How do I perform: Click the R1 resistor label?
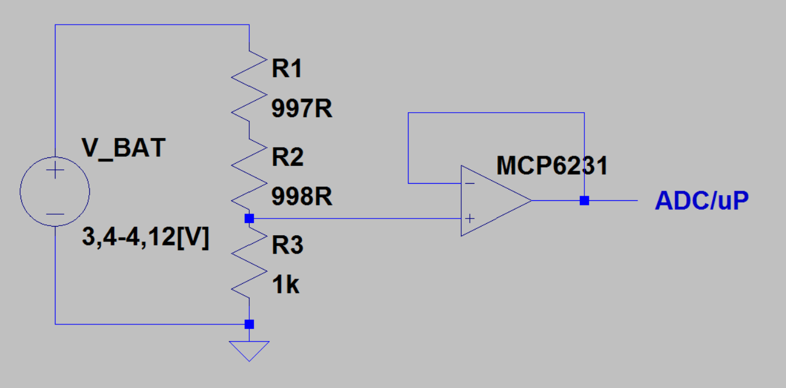coord(287,69)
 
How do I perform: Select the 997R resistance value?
coord(302,109)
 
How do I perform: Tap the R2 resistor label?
coord(288,157)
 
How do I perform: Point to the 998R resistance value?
coord(302,197)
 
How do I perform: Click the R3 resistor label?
coord(288,246)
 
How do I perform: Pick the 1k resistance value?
coord(285,284)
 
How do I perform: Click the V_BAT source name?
coord(124,148)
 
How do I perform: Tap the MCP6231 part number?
coord(552,166)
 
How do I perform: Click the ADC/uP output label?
coord(702,201)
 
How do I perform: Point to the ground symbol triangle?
coord(249,350)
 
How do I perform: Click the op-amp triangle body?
coord(493,201)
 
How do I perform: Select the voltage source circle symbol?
coord(55,192)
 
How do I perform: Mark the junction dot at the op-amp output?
coord(584,201)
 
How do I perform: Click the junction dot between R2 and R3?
coord(249,218)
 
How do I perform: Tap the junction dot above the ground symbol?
coord(249,324)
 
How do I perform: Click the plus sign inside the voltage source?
coord(55,171)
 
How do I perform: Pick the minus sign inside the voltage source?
coord(55,214)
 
